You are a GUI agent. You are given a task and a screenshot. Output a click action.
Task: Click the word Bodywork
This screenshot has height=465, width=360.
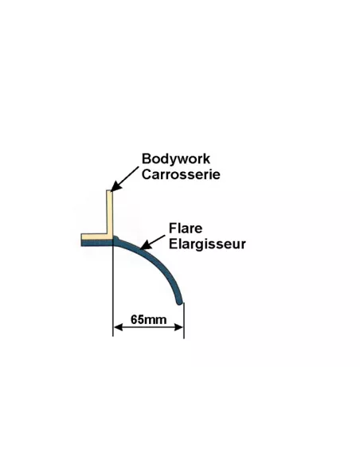(176, 159)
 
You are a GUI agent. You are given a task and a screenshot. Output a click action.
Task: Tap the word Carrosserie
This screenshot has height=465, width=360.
(181, 174)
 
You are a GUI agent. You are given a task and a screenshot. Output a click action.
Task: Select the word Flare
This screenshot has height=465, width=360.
(186, 229)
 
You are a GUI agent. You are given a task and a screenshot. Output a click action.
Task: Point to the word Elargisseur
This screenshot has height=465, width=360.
(207, 244)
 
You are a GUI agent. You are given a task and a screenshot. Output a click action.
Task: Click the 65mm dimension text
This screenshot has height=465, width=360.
(149, 320)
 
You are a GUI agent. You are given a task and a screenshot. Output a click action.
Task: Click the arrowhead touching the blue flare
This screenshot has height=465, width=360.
(146, 245)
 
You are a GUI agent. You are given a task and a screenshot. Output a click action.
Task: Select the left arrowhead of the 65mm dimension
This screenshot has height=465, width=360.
(118, 327)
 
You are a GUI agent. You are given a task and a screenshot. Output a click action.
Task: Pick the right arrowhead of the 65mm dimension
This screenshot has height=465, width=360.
(179, 327)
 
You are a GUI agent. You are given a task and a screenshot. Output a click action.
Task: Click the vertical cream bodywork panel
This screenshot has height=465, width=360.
(109, 212)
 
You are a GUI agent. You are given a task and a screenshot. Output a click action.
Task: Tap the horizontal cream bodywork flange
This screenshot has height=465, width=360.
(97, 236)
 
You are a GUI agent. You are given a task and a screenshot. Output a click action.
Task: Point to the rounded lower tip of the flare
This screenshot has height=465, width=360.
(179, 303)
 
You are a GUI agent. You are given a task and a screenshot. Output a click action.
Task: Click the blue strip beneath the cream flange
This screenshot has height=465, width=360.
(97, 243)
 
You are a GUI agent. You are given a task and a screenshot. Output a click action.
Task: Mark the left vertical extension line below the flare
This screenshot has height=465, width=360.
(112, 291)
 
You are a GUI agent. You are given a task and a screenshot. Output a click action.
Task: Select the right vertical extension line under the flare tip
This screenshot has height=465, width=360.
(184, 320)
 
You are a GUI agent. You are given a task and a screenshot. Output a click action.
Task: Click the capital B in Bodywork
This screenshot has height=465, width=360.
(146, 158)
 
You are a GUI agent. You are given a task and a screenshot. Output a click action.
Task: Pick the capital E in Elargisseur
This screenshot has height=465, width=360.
(173, 244)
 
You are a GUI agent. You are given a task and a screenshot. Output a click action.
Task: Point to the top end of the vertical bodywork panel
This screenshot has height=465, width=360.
(109, 190)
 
